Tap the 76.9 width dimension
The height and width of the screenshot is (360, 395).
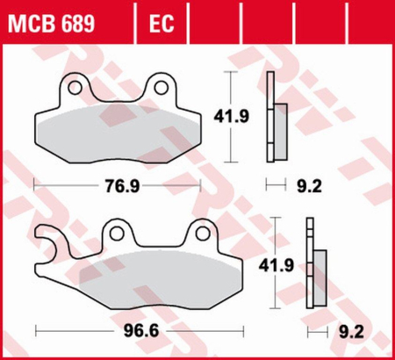(x=119, y=186)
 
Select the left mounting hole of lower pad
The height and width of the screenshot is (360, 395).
(x=117, y=233)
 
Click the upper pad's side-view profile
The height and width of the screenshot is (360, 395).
(x=275, y=119)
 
